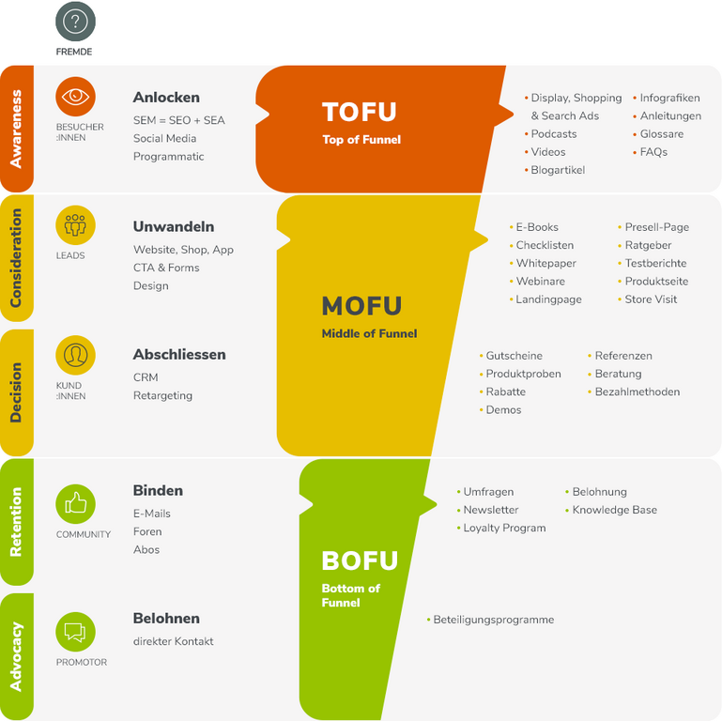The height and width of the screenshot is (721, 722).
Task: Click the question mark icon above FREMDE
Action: (x=75, y=22)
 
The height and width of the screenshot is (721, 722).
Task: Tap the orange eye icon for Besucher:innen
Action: (x=75, y=96)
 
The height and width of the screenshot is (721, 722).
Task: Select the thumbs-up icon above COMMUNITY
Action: (x=75, y=504)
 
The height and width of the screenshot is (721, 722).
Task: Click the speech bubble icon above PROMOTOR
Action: (x=75, y=632)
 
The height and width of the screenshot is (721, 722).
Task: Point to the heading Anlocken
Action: (x=166, y=98)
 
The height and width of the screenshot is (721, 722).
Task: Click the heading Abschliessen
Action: (x=179, y=355)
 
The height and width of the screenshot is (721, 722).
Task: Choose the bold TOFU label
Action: (x=360, y=113)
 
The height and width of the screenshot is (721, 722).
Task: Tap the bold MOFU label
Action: (x=361, y=306)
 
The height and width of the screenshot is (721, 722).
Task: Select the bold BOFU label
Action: (x=360, y=561)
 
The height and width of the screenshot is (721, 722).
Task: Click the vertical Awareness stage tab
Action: (x=16, y=129)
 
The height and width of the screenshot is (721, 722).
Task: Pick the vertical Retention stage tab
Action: (x=16, y=522)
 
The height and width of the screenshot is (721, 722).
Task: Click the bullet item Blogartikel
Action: (x=558, y=170)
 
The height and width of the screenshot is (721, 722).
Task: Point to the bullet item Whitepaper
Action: (x=545, y=264)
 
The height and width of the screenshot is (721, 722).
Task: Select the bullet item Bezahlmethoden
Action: (x=637, y=392)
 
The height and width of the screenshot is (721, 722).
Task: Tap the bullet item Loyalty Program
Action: (x=504, y=529)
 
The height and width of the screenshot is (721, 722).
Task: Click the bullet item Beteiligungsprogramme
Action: (x=493, y=621)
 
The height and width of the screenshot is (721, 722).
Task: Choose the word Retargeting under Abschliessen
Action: (x=162, y=396)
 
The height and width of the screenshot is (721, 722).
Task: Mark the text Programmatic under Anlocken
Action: (x=168, y=157)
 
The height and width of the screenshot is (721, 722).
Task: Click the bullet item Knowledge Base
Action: (x=614, y=511)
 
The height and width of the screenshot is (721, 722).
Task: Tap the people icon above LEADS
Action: (x=75, y=225)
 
